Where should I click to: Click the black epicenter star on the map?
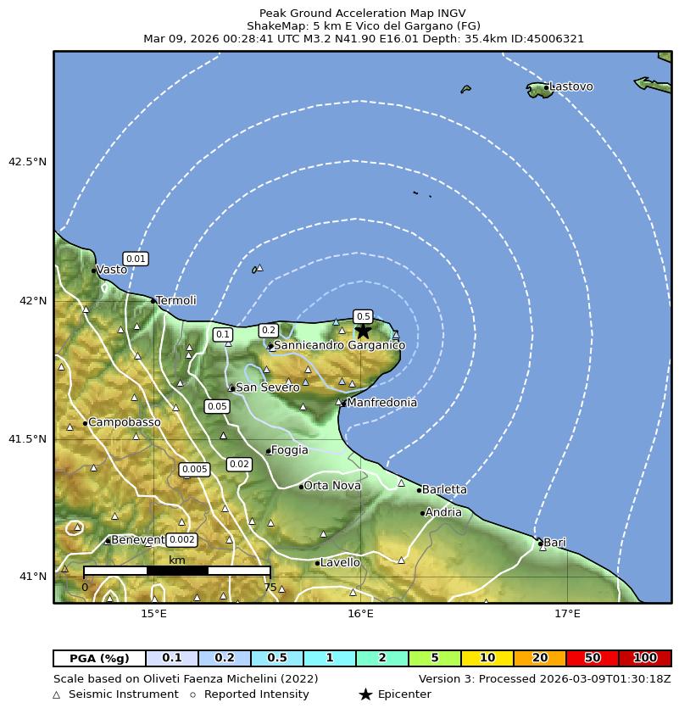pos(363,332)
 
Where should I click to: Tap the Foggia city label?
pos(290,450)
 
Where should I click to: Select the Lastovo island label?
pos(570,86)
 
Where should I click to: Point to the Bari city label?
pos(554,543)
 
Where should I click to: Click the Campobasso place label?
pos(124,422)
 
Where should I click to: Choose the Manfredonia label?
pos(381,403)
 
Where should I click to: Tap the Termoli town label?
pos(176,301)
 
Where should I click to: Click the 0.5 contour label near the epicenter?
pos(363,316)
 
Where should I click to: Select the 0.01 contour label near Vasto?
pos(136,259)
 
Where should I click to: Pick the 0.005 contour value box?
pos(194,470)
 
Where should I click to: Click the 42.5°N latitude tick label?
pos(27,162)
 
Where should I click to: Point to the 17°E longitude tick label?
pos(567,614)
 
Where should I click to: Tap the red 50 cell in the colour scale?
pos(593,658)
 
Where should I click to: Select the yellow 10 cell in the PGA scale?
pos(487,658)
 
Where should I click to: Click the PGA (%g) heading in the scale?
pos(99,658)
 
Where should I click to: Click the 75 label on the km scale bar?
pos(270,588)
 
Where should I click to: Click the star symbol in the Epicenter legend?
pos(365,694)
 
